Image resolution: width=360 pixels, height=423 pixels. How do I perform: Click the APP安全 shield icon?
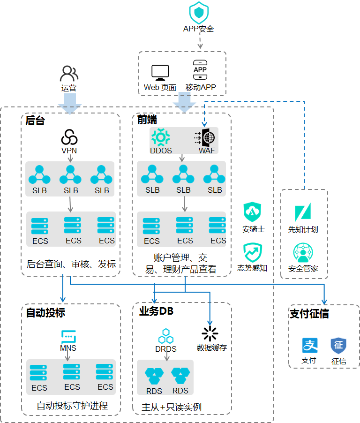199,13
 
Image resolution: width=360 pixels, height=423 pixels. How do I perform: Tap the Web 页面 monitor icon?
160,73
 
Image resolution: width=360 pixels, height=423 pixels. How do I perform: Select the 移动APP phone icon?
200,70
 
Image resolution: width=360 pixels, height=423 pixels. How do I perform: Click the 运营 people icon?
69,73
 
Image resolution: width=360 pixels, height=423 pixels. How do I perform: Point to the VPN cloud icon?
69,137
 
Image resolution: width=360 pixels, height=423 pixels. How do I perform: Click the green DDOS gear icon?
161,137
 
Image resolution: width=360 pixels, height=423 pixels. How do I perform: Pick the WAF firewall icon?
205,137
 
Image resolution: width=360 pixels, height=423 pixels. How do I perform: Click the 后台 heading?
35,121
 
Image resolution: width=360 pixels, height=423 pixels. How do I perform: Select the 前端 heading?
147,120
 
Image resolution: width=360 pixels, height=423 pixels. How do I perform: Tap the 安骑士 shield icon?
252,212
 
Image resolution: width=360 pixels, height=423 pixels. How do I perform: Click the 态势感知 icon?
253,252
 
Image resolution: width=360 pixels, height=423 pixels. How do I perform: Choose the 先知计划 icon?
303,212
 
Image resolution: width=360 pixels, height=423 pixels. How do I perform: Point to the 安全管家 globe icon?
303,252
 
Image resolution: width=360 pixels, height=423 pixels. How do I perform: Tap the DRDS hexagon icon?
166,336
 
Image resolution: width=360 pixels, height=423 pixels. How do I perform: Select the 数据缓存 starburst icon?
210,334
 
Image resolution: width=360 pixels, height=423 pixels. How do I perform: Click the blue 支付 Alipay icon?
310,345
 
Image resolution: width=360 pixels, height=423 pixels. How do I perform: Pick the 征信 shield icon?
338,345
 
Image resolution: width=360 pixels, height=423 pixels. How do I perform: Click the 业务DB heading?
156,311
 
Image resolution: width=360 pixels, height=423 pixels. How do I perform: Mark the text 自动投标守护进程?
72,406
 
